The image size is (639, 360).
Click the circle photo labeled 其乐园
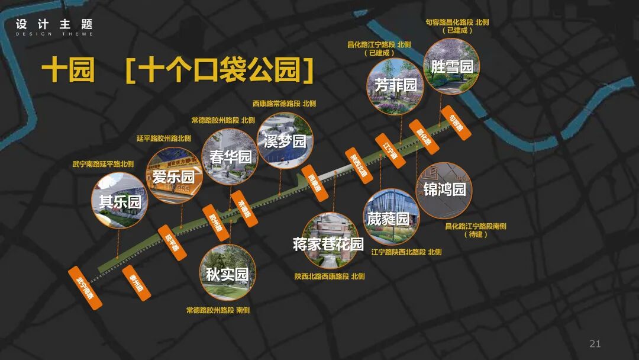click(120, 200)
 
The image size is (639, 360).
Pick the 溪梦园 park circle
click(286, 141)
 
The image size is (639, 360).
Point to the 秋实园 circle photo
click(228, 273)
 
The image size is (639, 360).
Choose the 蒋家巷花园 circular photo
click(330, 241)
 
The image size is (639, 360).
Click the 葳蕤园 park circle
click(390, 217)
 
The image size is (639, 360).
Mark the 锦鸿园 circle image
click(444, 189)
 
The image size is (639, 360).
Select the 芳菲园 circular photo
click(395, 85)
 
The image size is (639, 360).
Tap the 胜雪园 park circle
click(451, 66)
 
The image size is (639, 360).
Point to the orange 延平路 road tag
click(172, 243)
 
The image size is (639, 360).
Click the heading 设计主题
click(54, 25)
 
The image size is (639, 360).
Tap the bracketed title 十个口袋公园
click(220, 71)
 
